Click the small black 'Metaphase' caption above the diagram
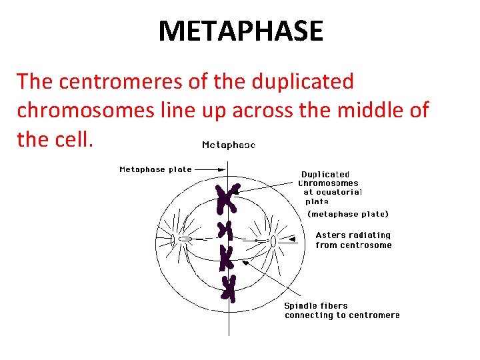tap(228, 145)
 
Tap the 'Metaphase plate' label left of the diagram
tap(155, 169)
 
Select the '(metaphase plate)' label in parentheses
tap(347, 214)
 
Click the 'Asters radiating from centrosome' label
tap(353, 240)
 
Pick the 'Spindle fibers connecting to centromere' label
tap(342, 311)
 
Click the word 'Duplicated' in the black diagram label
tap(325, 175)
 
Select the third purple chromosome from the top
tap(227, 258)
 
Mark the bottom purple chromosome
tap(228, 288)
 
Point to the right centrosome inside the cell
tap(273, 240)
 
